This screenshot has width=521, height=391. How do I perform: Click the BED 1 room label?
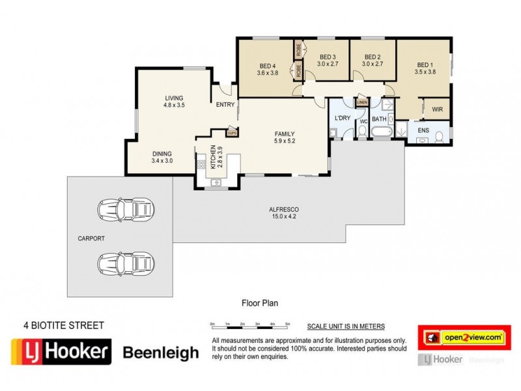[x=424, y=65]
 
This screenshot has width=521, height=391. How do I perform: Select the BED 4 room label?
[x=268, y=65]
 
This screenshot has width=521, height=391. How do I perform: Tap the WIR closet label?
[x=437, y=109]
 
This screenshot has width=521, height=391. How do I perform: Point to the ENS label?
[x=423, y=130]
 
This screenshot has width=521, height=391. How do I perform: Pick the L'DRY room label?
[x=343, y=118]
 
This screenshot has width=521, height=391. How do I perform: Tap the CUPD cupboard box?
[x=231, y=133]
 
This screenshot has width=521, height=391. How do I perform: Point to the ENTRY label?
[x=225, y=105]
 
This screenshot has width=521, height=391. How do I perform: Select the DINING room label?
[x=162, y=154]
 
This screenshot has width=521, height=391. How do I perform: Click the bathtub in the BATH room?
[x=380, y=132]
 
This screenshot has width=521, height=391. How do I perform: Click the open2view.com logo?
[x=464, y=337]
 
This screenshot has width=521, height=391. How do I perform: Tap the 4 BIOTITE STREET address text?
[x=64, y=324]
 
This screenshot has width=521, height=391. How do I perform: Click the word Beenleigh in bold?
[x=161, y=353]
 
